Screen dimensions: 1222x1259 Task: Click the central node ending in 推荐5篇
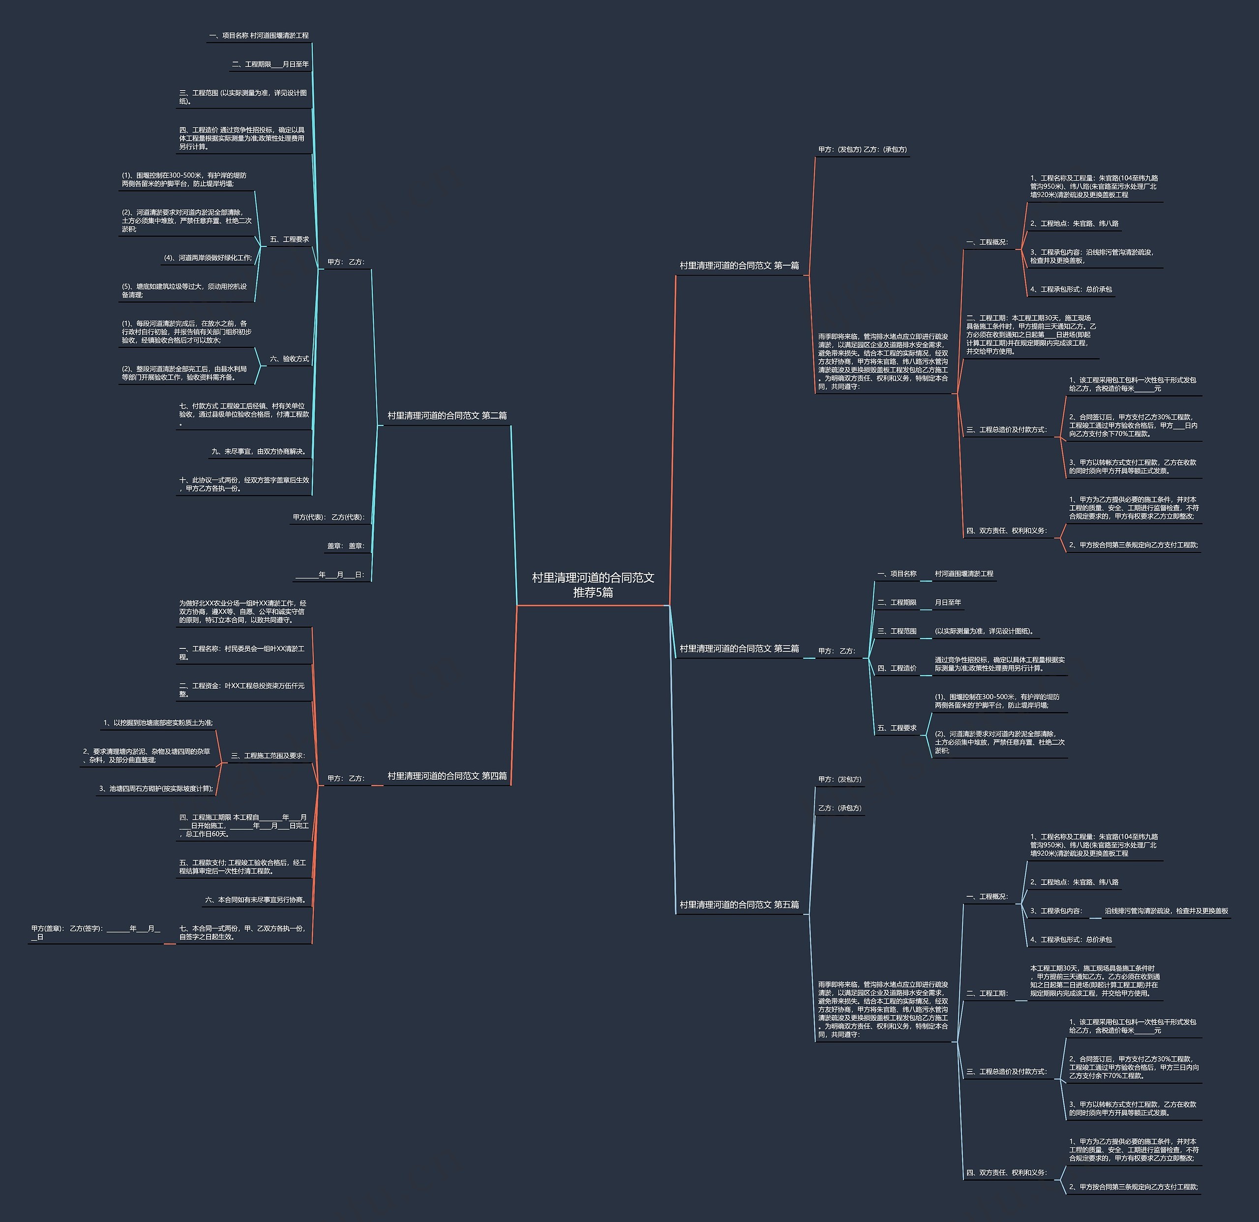click(x=593, y=584)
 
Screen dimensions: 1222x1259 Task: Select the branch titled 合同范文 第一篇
click(x=739, y=265)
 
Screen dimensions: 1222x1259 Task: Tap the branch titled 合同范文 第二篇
click(x=447, y=416)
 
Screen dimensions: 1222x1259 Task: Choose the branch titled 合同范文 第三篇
click(x=739, y=648)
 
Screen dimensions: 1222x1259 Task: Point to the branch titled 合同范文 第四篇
click(x=447, y=776)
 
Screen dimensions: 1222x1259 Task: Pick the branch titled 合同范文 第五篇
click(x=739, y=905)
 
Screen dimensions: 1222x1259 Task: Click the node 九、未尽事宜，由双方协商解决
click(x=260, y=452)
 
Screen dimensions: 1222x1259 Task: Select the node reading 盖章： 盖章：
click(x=346, y=546)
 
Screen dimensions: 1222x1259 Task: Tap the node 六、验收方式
click(x=289, y=359)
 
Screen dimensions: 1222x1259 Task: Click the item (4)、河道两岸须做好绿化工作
click(x=208, y=258)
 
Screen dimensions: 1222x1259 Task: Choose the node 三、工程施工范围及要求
click(x=268, y=756)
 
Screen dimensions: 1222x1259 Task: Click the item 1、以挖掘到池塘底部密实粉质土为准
click(x=158, y=723)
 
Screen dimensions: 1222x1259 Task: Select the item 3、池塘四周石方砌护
click(x=155, y=788)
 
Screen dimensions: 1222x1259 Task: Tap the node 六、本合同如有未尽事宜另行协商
click(x=256, y=900)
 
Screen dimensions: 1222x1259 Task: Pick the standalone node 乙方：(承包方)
click(x=839, y=808)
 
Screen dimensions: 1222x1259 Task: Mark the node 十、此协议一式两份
click(x=244, y=485)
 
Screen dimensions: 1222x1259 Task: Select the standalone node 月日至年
click(x=948, y=603)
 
